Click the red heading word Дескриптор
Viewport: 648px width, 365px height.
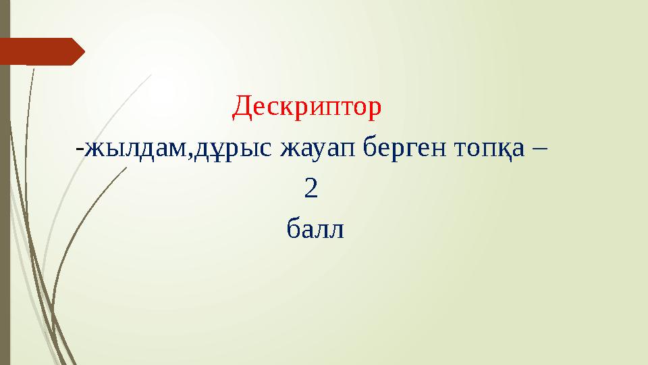point(307,106)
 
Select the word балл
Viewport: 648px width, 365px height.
point(315,230)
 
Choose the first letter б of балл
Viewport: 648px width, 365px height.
point(293,230)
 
